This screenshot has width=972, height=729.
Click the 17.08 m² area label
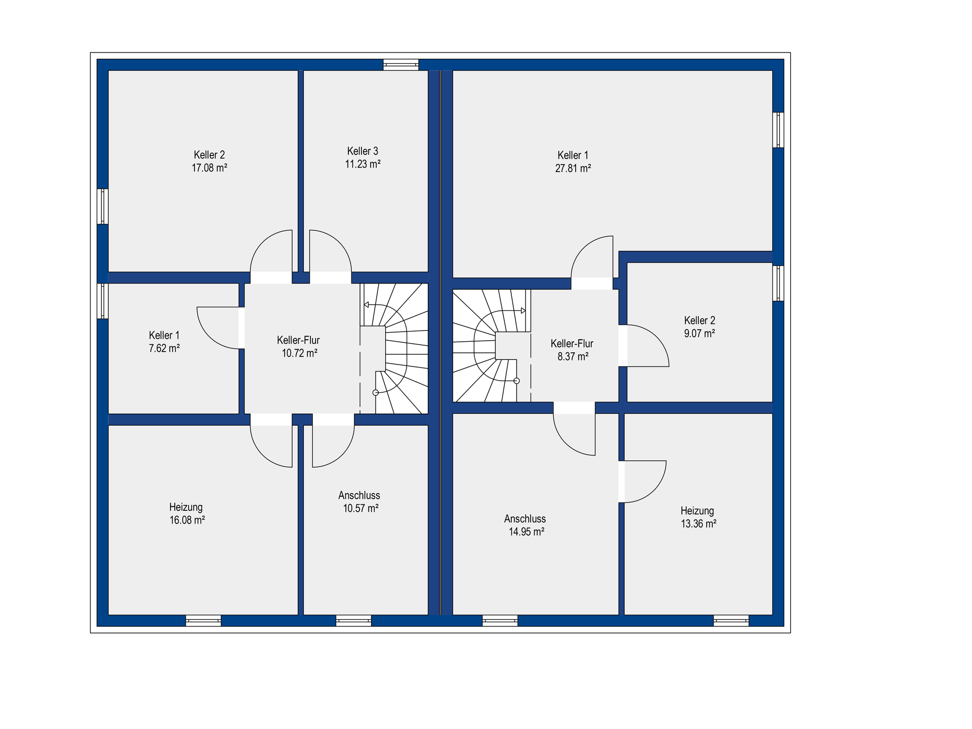click(x=209, y=168)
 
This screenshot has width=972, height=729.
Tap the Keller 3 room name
click(x=362, y=151)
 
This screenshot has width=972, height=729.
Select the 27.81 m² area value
click(x=573, y=169)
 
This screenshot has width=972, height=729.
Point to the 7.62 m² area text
click(x=164, y=348)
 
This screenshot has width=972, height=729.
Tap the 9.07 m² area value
click(x=700, y=334)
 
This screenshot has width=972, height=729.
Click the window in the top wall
click(x=401, y=65)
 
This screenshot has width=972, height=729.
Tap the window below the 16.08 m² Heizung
click(x=204, y=621)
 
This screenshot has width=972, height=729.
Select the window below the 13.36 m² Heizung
click(x=731, y=621)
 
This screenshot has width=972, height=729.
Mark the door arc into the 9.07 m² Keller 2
click(x=657, y=337)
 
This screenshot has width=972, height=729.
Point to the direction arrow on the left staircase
click(x=373, y=305)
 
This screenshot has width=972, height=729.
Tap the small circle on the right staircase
click(x=516, y=381)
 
